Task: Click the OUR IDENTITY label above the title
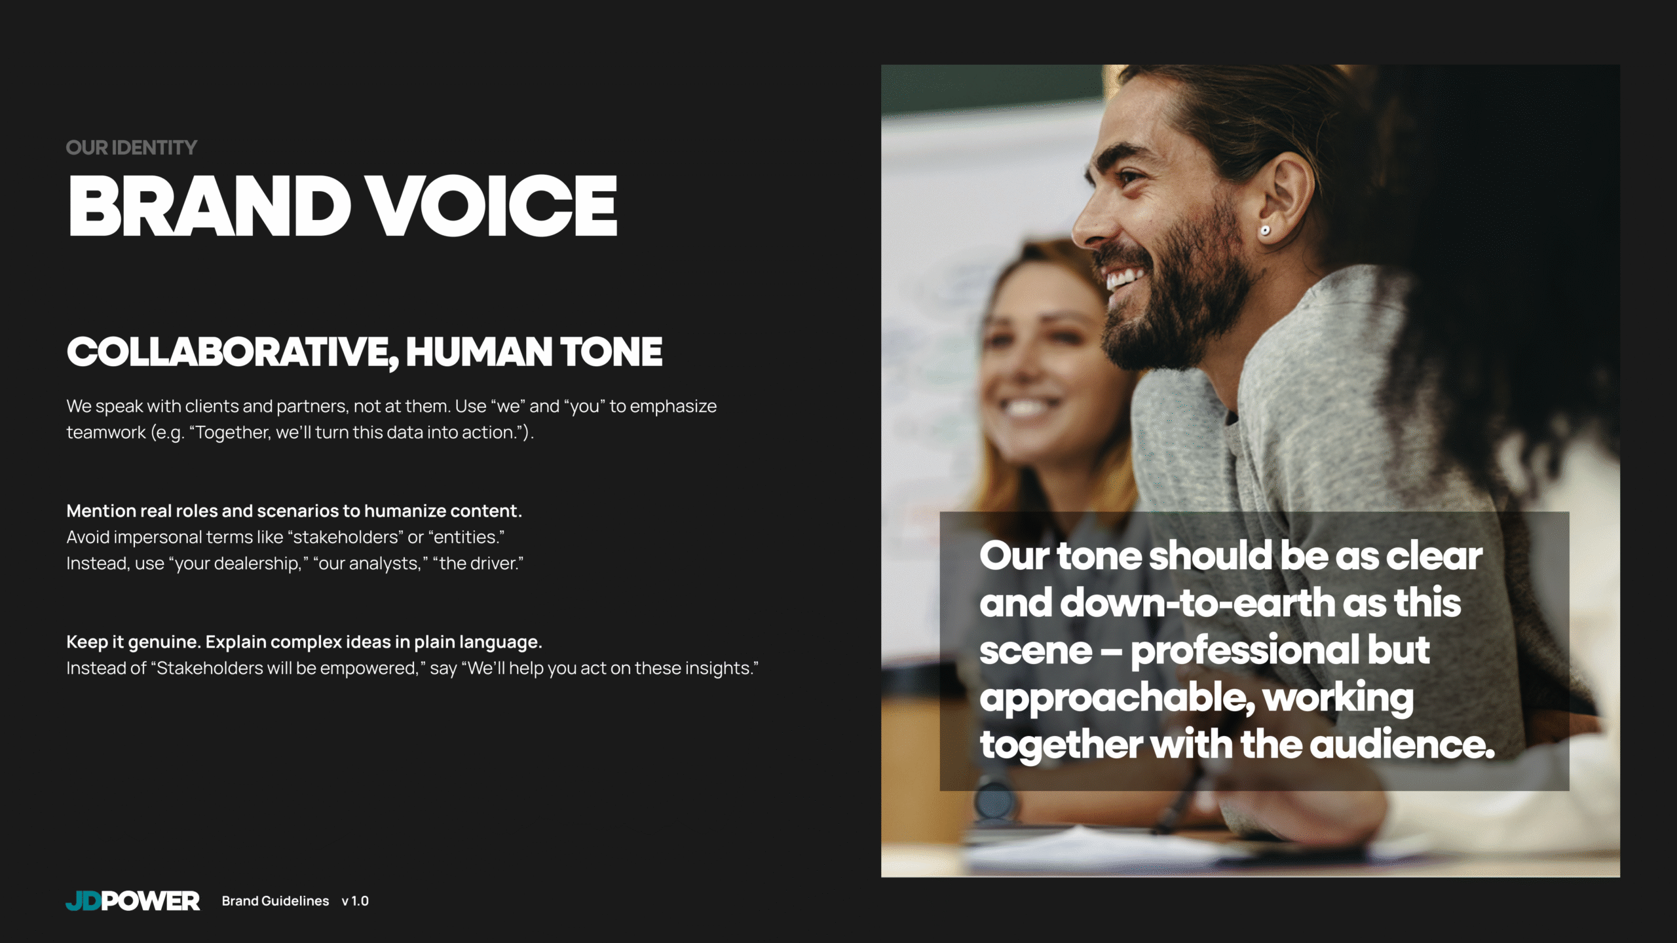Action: point(131,148)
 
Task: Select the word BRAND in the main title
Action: point(209,206)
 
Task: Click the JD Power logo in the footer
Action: point(133,901)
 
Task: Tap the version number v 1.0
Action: point(355,901)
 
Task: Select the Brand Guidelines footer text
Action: point(275,901)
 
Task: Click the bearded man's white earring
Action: point(1266,230)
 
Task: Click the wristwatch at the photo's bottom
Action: point(994,802)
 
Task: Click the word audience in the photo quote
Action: point(1401,745)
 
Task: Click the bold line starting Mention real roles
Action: point(294,511)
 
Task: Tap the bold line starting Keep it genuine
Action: point(304,642)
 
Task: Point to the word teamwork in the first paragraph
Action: point(106,432)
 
